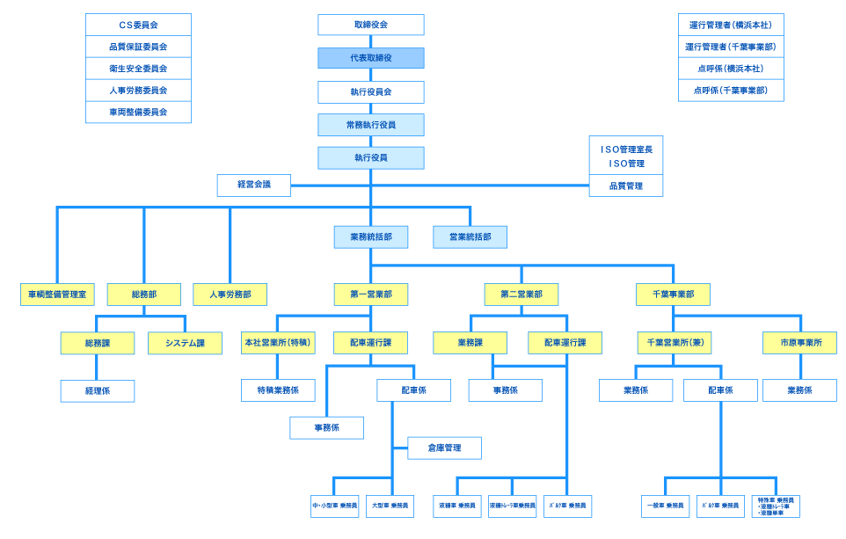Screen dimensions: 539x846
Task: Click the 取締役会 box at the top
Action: pyautogui.click(x=370, y=25)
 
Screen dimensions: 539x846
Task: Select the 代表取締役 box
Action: pyautogui.click(x=370, y=58)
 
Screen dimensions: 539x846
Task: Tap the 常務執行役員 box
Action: pyautogui.click(x=370, y=125)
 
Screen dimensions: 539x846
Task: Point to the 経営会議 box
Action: pyautogui.click(x=253, y=185)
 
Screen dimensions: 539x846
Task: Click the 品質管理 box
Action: pyautogui.click(x=625, y=186)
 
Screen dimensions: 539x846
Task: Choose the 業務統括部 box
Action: pyautogui.click(x=370, y=237)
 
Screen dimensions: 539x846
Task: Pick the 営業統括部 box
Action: pyautogui.click(x=470, y=237)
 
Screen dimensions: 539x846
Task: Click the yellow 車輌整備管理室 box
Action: pyautogui.click(x=57, y=295)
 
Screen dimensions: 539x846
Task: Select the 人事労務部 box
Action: pyautogui.click(x=230, y=295)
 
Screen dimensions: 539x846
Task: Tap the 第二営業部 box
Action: pyautogui.click(x=521, y=295)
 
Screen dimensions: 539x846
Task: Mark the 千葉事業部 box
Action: pyautogui.click(x=673, y=295)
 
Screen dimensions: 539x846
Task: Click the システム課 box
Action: pyautogui.click(x=184, y=343)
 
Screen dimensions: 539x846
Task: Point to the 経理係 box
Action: pyautogui.click(x=98, y=390)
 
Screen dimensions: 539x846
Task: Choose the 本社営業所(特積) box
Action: pyautogui.click(x=278, y=343)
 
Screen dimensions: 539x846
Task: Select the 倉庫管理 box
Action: pyautogui.click(x=444, y=448)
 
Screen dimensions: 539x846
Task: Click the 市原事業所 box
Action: pyautogui.click(x=799, y=343)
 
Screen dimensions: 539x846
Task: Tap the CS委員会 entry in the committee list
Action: pyautogui.click(x=138, y=25)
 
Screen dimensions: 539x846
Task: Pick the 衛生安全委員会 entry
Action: pyautogui.click(x=138, y=69)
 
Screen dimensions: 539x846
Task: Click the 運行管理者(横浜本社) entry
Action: pyautogui.click(x=730, y=25)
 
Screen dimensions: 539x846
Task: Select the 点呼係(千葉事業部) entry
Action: pyautogui.click(x=730, y=91)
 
